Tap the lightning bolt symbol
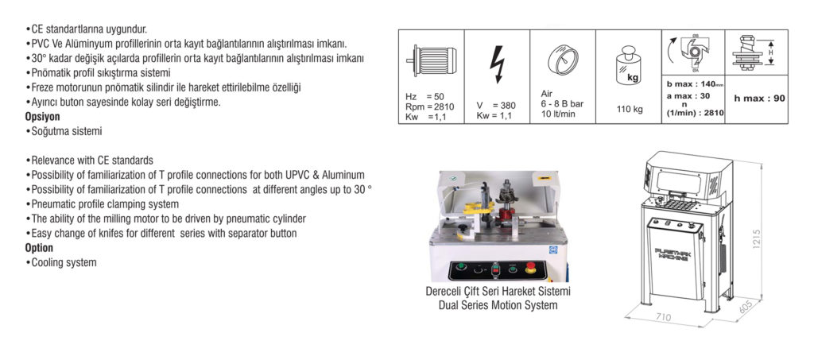tap(497, 64)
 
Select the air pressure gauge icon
tap(563, 59)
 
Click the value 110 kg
tap(630, 110)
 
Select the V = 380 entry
tap(496, 106)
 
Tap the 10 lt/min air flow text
tap(558, 114)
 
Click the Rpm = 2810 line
tap(430, 106)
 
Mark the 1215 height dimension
tap(755, 239)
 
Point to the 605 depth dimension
tap(745, 308)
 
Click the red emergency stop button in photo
tap(530, 268)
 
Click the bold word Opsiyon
tap(43, 117)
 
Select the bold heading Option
tap(39, 248)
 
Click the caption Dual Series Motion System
tap(498, 305)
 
